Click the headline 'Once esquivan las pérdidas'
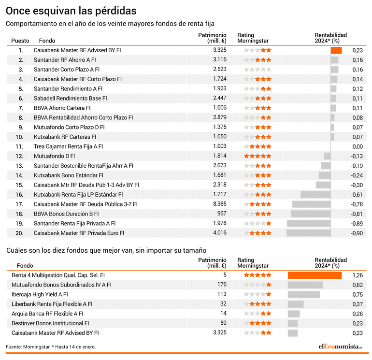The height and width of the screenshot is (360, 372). [x=71, y=11]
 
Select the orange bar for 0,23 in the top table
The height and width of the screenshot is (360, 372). [x=336, y=50]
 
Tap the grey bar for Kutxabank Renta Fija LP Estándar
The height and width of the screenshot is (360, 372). [x=315, y=195]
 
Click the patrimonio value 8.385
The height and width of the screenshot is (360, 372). [x=220, y=204]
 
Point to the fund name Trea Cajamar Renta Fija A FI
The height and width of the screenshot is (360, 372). [x=68, y=146]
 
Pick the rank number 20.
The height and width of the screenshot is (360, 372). [x=19, y=233]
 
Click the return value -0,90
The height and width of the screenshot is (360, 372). [x=357, y=233]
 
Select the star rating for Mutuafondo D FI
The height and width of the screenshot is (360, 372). [x=258, y=156]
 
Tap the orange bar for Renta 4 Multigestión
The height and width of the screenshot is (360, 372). [x=315, y=275]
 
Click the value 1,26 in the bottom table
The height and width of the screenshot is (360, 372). [x=358, y=275]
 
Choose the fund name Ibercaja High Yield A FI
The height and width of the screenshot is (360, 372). [x=40, y=294]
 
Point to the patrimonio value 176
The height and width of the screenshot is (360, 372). [x=222, y=285]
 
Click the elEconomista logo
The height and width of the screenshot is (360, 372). [x=341, y=346]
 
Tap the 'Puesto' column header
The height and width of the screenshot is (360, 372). [x=20, y=41]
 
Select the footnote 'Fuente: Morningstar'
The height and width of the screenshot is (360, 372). [x=28, y=347]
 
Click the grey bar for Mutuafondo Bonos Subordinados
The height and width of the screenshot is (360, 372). [x=305, y=285]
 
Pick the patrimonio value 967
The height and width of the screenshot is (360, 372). [x=222, y=214]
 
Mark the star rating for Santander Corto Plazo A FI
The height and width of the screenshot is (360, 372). [x=258, y=70]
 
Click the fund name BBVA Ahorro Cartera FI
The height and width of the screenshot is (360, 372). [x=62, y=108]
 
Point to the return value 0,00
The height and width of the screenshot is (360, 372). [x=358, y=147]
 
